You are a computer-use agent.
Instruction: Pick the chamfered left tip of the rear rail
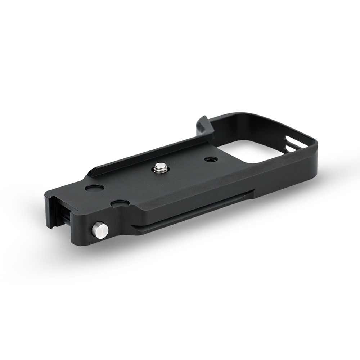click(94, 170)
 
